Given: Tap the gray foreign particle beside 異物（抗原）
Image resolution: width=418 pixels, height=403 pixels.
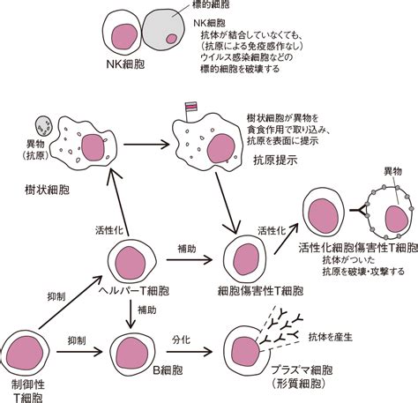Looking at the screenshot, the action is pos(44,126).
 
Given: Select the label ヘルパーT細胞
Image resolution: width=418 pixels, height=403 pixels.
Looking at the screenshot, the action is pos(134,291).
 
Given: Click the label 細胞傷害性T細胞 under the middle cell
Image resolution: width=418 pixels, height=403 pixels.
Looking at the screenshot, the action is pos(260,291).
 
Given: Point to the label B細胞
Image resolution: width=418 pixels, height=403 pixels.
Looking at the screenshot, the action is pos(168,370).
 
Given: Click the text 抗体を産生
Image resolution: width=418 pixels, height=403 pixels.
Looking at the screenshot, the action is pos(330,337).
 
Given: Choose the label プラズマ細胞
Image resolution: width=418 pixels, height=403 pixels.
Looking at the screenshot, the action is pos(302,370).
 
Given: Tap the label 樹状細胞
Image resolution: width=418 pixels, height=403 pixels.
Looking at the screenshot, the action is pos(47,190).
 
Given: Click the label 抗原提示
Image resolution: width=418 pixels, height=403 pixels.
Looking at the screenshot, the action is pos(275,160).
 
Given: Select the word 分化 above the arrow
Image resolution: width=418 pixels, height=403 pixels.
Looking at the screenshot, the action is pos(182,340).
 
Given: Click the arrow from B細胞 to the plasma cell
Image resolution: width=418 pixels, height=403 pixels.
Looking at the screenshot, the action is pos(189,352).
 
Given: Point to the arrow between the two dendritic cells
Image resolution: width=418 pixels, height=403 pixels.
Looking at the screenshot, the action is pos(146,145).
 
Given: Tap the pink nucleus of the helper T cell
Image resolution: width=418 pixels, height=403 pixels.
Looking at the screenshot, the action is pos(131,263).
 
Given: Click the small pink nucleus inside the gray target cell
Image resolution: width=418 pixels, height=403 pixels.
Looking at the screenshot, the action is pos(172,39).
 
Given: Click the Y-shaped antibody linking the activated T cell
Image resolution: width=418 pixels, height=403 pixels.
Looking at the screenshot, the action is pos(359,210).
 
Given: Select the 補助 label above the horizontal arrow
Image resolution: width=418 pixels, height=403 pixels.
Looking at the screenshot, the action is pos(187,249).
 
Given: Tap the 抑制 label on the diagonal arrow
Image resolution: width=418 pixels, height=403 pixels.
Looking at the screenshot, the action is pos(56,297).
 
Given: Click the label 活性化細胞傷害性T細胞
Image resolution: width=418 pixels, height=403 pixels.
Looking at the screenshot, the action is pos(358,248).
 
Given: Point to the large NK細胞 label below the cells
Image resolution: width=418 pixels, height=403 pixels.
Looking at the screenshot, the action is pos(125,64).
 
